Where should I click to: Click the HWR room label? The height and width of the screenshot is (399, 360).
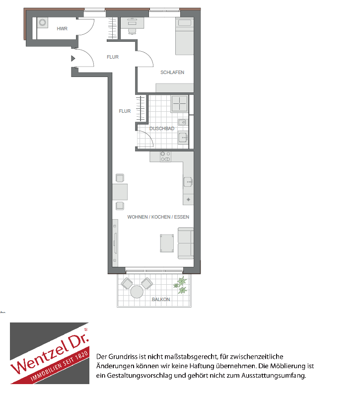[62, 29]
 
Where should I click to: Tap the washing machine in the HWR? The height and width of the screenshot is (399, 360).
[43, 22]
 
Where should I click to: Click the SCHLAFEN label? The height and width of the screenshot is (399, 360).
[172, 73]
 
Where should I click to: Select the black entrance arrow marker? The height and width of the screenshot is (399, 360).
[73, 59]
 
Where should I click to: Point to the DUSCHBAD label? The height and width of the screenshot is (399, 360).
[162, 129]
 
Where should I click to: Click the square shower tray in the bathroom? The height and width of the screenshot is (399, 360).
[180, 103]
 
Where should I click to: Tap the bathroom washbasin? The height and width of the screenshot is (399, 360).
[183, 138]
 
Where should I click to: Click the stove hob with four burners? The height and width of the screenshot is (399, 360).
[165, 157]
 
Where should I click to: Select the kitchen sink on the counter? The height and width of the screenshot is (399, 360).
[188, 182]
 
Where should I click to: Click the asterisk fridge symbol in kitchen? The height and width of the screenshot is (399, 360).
[188, 200]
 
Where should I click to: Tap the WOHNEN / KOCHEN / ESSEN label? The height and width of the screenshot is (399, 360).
[158, 217]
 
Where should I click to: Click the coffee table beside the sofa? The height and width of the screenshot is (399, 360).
[167, 243]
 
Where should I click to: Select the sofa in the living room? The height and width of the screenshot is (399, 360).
[186, 243]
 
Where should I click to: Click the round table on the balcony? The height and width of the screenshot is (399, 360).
[137, 292]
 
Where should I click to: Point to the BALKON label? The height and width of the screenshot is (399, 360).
[161, 300]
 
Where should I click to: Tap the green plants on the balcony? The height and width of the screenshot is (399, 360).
[181, 285]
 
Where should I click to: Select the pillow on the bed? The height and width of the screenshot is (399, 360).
[185, 23]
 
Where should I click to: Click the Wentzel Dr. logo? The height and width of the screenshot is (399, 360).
[50, 353]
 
